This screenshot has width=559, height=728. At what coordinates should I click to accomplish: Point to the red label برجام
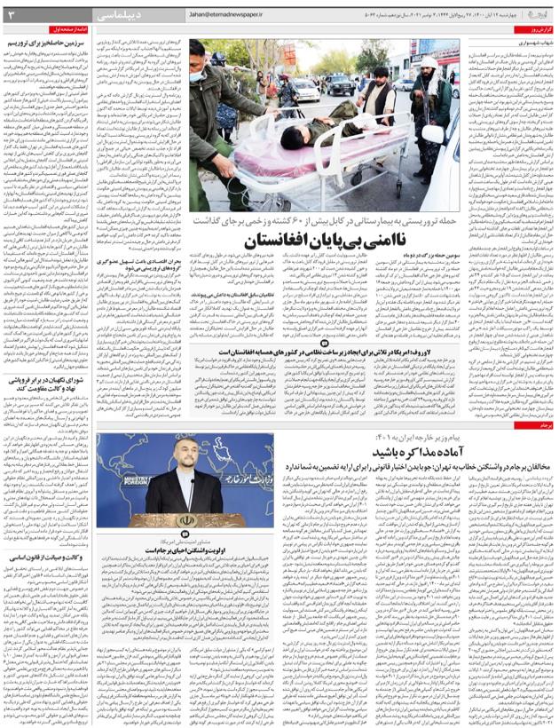tap(542, 426)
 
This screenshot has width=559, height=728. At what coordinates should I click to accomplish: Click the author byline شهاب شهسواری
tap(532, 41)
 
